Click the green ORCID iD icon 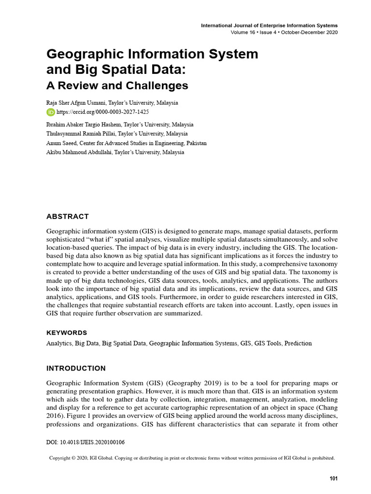(x=51, y=112)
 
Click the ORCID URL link (x=95, y=112)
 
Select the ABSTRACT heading (x=68, y=216)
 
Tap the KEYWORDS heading (x=67, y=333)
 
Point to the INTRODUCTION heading (x=76, y=368)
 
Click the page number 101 (x=333, y=479)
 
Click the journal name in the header (x=269, y=25)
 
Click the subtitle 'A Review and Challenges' (x=117, y=86)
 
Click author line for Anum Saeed (x=126, y=143)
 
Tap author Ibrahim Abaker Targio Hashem (x=87, y=124)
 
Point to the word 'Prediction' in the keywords (x=298, y=343)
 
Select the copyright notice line (x=192, y=458)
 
